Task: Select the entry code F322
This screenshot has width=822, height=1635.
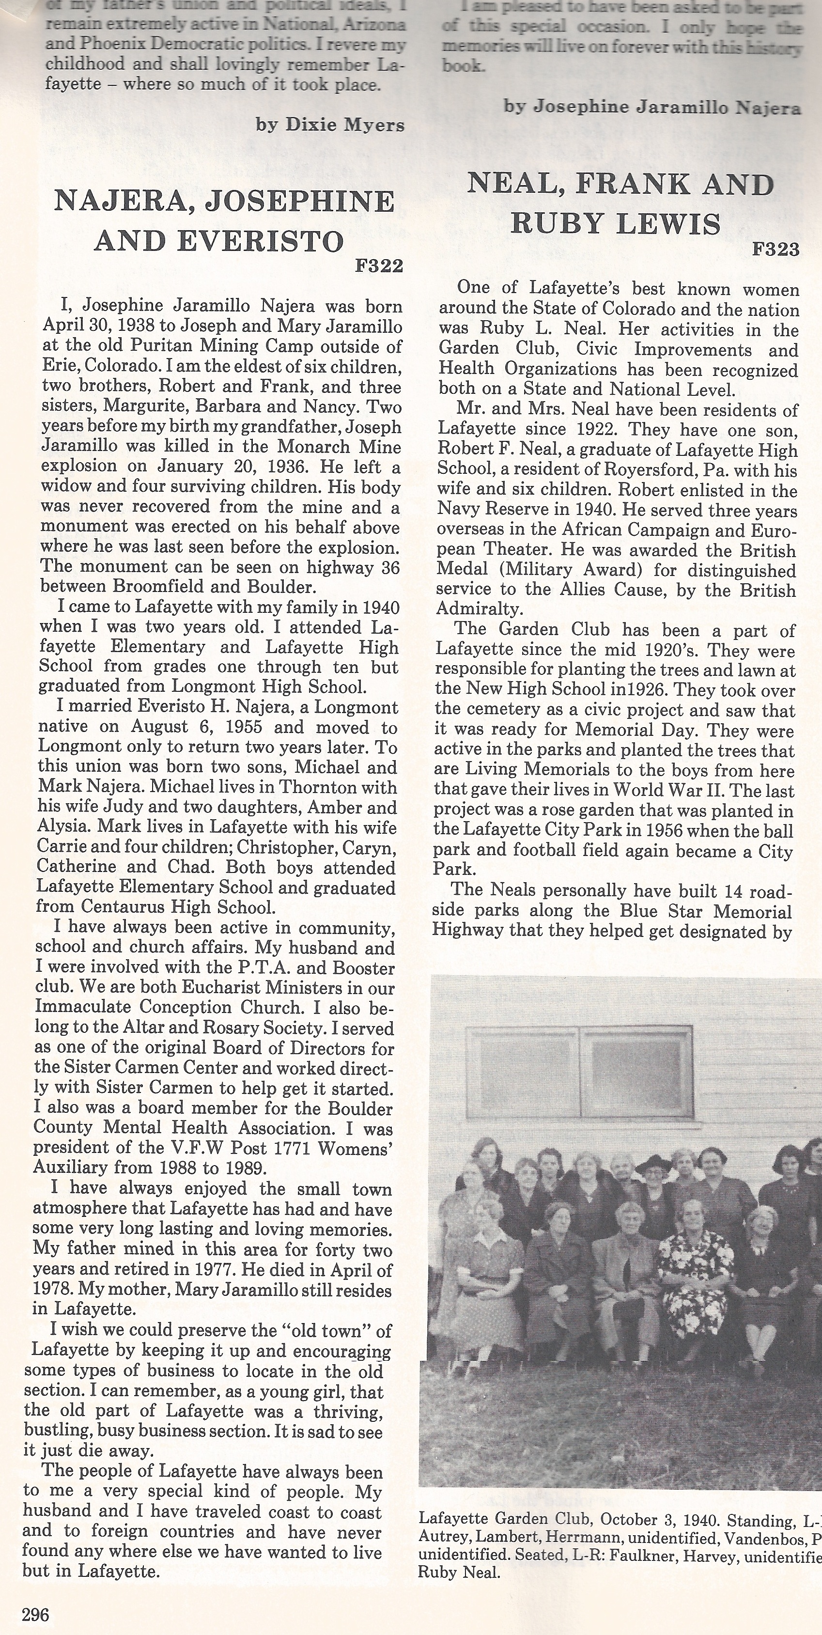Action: coord(380,266)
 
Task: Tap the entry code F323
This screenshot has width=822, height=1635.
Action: coord(775,249)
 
